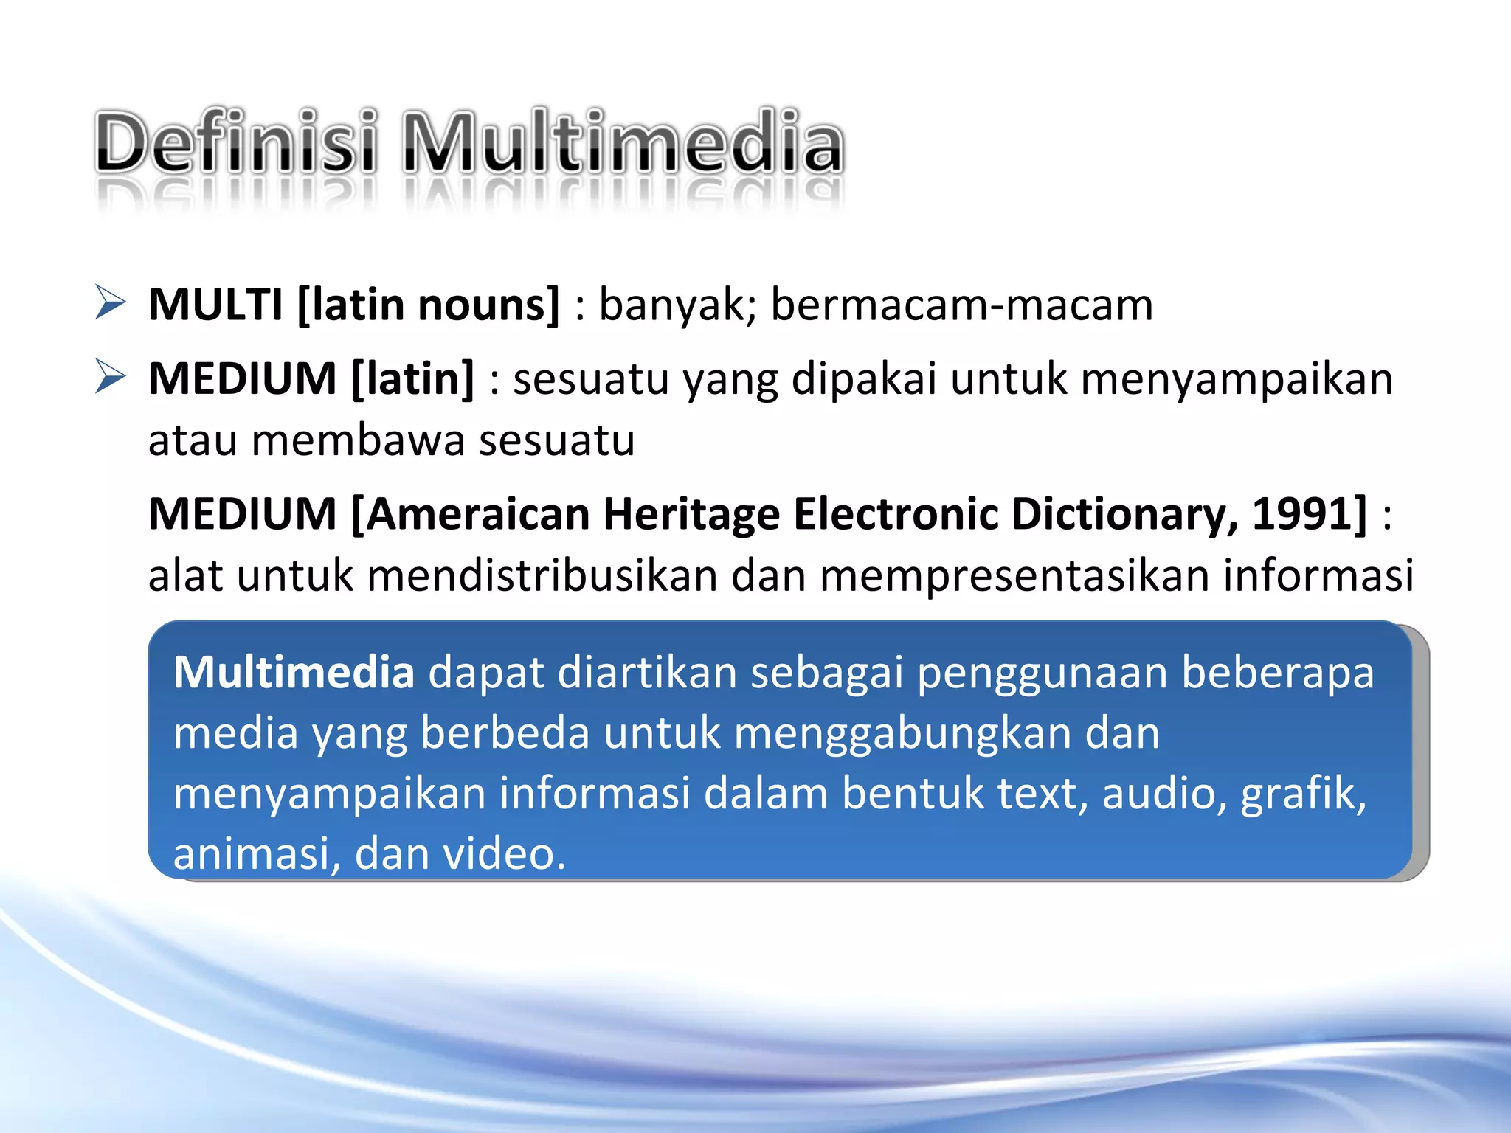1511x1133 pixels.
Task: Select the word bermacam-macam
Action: tap(961, 304)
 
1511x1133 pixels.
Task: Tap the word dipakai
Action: tap(864, 379)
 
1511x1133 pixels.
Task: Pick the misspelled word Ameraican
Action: tap(477, 513)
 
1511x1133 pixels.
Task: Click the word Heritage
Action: tap(691, 515)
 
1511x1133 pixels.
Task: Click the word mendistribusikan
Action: tap(542, 575)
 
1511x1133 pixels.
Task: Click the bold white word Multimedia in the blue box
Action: tap(294, 672)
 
